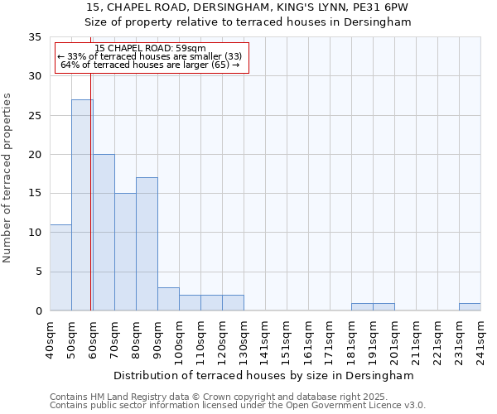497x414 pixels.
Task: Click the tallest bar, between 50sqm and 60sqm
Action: [82, 205]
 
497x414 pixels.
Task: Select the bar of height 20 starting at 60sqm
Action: [104, 232]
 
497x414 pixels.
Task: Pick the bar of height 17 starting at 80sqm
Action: [147, 244]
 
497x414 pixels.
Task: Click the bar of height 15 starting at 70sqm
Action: [125, 252]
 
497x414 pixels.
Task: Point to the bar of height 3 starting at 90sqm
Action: [168, 299]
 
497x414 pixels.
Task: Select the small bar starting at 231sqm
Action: [470, 307]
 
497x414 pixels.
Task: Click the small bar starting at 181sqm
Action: [362, 307]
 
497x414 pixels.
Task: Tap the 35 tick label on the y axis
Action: [35, 37]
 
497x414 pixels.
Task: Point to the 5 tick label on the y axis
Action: [38, 272]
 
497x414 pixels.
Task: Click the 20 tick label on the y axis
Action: [35, 155]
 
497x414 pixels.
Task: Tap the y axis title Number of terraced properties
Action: [8, 178]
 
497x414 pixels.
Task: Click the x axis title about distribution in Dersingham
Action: [264, 375]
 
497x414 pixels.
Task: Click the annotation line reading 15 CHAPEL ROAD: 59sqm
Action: [150, 49]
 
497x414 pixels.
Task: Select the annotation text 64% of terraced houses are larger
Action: [150, 65]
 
